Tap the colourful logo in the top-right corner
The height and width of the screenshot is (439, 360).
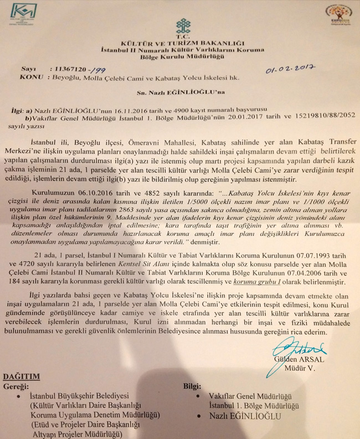tap(338, 14)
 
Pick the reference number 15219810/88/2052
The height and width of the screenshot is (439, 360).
tap(313, 119)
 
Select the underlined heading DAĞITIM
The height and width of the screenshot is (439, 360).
tap(20, 376)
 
